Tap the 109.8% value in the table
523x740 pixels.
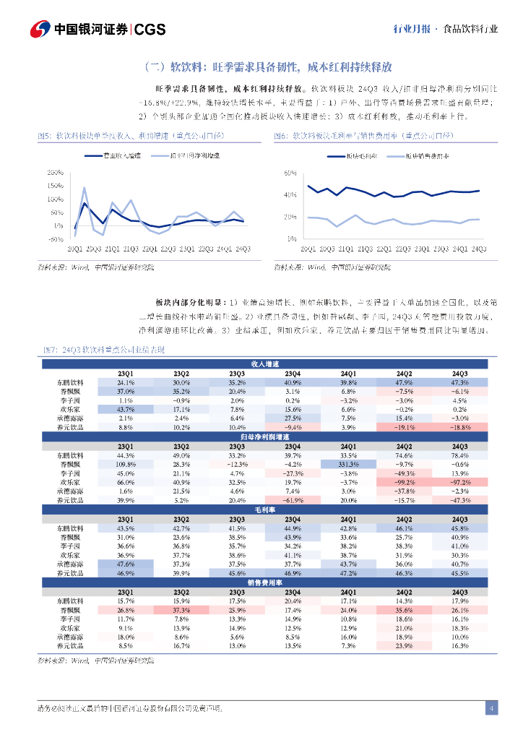(126, 464)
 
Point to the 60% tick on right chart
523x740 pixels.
(291, 174)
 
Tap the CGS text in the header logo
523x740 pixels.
(151, 29)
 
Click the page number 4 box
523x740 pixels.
(490, 707)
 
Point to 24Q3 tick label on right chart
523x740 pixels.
(477, 249)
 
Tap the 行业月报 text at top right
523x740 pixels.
(411, 30)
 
